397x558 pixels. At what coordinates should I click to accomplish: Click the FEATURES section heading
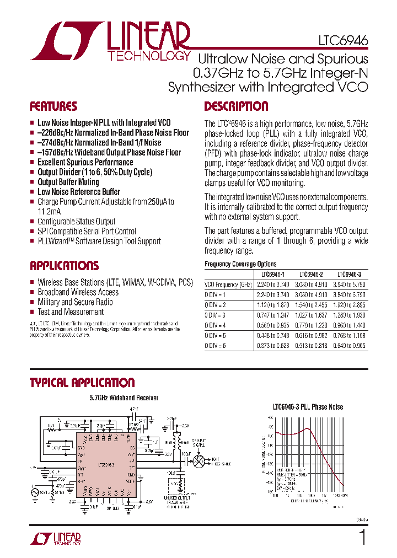coord(53,106)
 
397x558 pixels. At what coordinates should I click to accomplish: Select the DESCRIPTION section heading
coord(236,106)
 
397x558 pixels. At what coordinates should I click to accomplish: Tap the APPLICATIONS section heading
coord(65,266)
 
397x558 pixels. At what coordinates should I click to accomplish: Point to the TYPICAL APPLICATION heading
coord(82,383)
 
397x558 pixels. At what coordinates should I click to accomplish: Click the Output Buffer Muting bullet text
coord(68,182)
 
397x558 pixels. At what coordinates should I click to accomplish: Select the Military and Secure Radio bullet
coord(75,302)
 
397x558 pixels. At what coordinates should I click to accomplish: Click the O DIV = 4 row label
coord(216,325)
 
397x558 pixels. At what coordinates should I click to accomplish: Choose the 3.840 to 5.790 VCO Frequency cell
coord(350,285)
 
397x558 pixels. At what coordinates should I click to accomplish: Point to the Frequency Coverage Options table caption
coord(240,264)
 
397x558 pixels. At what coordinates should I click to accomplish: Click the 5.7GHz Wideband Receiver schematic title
coord(124,398)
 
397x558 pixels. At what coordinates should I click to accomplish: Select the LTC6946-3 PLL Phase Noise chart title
coord(308,407)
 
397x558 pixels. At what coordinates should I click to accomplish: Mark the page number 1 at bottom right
coord(362,538)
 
